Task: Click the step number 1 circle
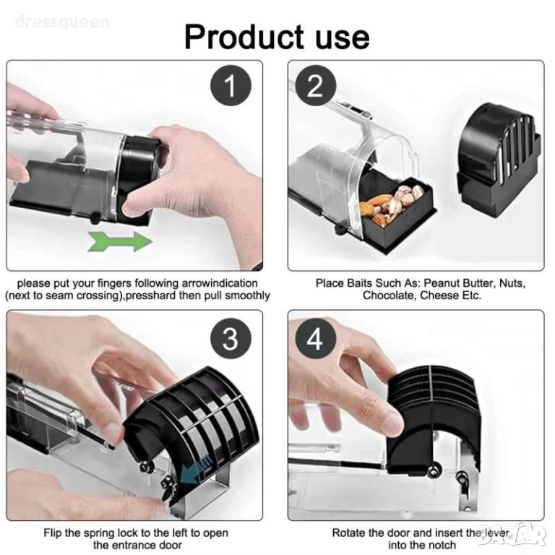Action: coord(231,86)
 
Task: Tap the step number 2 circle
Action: coord(315,86)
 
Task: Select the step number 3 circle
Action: coord(231,338)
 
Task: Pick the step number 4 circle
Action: coord(315,338)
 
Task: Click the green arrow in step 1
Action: coord(121,241)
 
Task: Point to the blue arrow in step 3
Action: coord(194,471)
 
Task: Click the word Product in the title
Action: coord(244,37)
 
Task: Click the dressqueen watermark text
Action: coord(62,22)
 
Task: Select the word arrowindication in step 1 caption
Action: coord(220,283)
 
